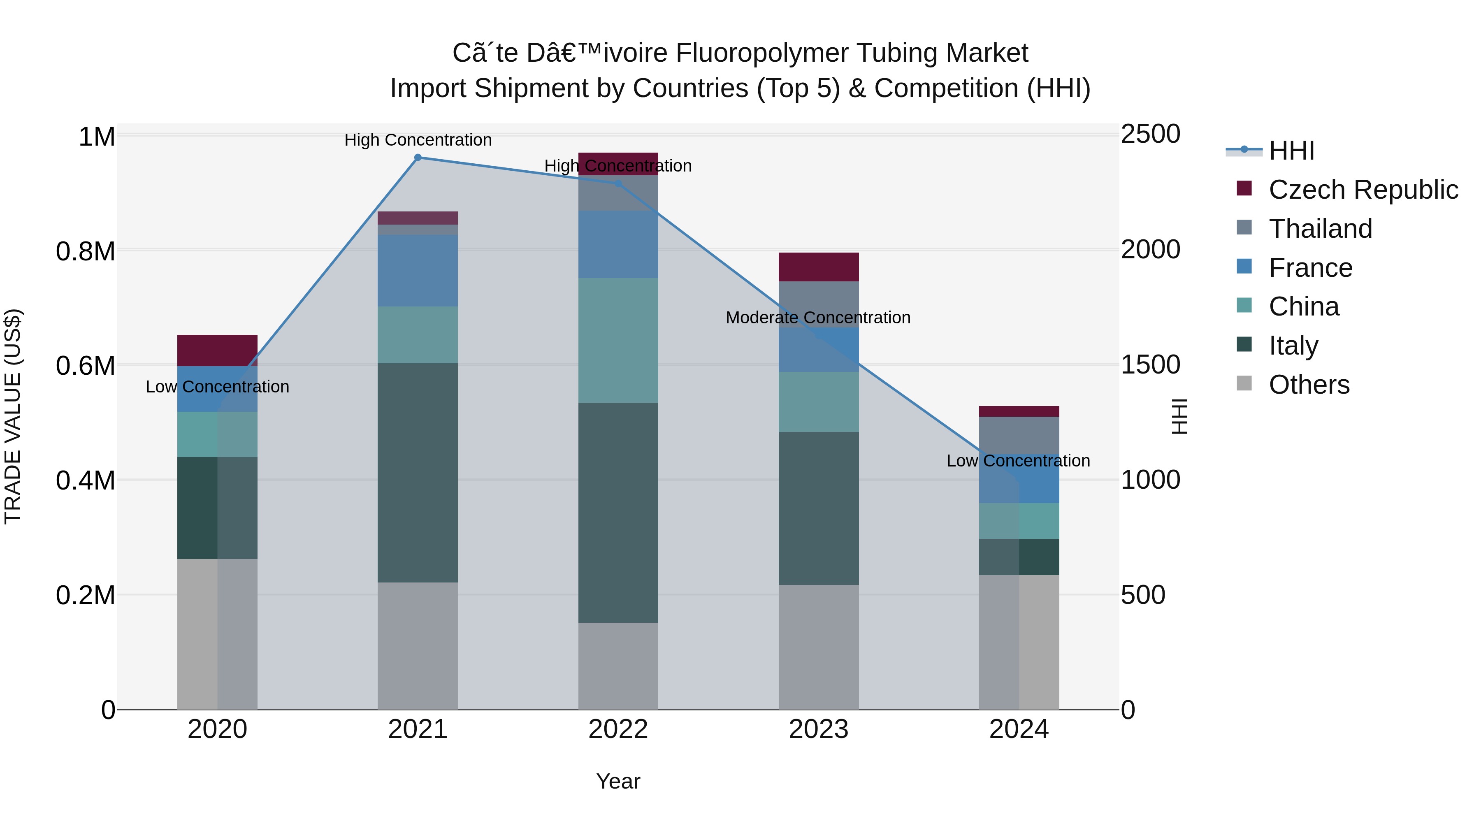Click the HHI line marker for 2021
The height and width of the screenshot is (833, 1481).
click(418, 158)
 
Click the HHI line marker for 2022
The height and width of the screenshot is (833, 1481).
click(618, 184)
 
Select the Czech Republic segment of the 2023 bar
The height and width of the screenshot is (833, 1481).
click(819, 267)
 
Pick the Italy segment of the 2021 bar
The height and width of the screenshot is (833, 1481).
click(418, 473)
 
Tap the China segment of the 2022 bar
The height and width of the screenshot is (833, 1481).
click(618, 340)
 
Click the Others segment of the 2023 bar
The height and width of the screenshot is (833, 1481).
click(819, 647)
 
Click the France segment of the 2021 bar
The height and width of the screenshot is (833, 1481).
click(418, 270)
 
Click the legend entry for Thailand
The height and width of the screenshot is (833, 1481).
click(1320, 229)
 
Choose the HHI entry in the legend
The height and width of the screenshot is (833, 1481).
click(1291, 151)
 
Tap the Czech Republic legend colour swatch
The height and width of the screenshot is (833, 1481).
click(1244, 188)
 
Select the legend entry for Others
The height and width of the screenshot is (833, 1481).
click(1309, 385)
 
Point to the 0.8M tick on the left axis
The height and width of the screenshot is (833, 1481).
click(86, 252)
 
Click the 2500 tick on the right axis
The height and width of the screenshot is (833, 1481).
click(1150, 135)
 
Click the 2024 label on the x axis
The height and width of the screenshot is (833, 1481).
click(1019, 729)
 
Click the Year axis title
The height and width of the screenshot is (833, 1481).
click(618, 781)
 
